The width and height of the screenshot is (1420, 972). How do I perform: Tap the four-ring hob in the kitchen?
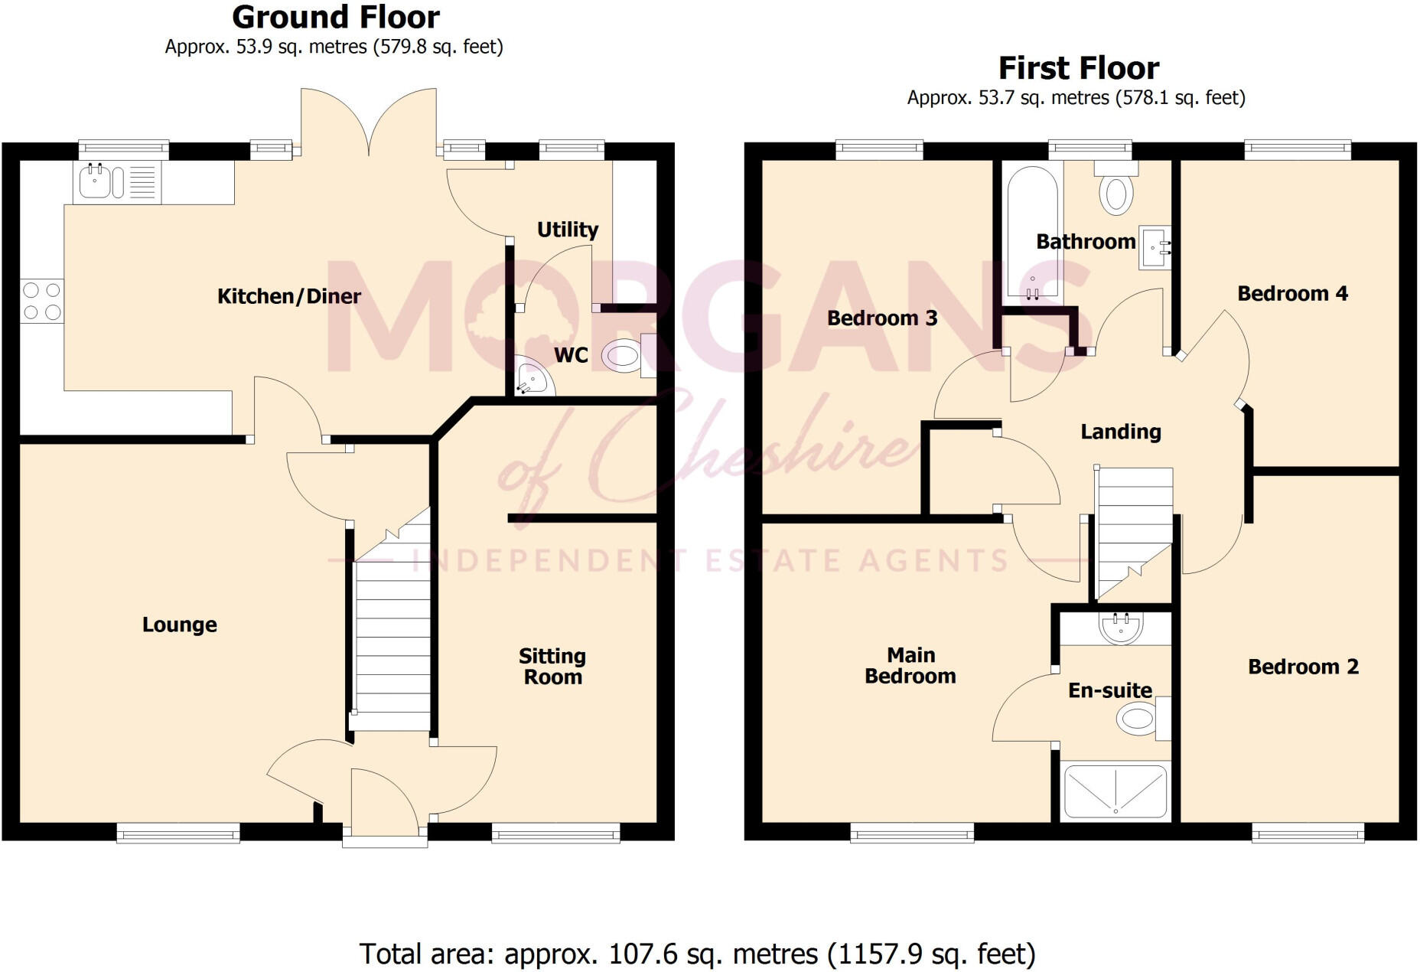tap(42, 301)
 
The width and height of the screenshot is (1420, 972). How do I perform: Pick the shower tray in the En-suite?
tap(1115, 791)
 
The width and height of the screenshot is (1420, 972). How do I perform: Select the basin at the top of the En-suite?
tap(1121, 628)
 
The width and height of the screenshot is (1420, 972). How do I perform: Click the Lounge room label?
tap(180, 625)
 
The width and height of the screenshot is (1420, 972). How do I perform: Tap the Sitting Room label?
tap(552, 667)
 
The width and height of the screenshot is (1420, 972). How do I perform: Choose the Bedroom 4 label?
tap(1292, 294)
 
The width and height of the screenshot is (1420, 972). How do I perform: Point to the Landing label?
tap(1120, 432)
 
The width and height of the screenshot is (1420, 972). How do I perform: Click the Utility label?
tap(567, 230)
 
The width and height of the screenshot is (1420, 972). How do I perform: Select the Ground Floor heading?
tap(336, 17)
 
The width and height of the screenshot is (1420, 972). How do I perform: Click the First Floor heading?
tap(1079, 68)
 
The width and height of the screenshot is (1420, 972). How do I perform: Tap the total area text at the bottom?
tap(697, 954)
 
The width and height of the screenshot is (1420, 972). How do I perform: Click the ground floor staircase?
tap(392, 628)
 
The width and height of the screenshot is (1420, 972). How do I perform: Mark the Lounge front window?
tap(178, 833)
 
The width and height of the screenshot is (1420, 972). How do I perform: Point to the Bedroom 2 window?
tap(1308, 833)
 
